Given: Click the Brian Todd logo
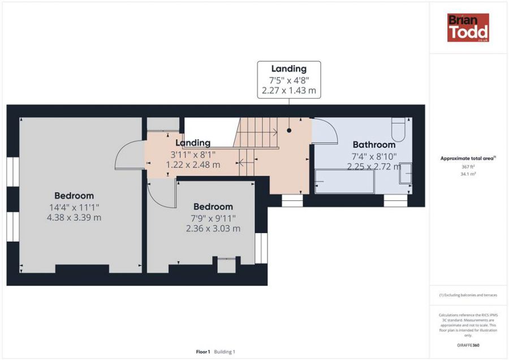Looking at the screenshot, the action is (x=468, y=28).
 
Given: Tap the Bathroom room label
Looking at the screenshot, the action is (x=374, y=144).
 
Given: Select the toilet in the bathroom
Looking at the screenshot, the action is (x=398, y=129).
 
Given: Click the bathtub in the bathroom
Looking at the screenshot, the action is (x=344, y=181).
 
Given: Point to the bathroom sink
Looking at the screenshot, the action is (x=406, y=173).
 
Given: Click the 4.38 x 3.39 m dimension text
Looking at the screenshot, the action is (x=74, y=217).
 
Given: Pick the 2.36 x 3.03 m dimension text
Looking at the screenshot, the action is (x=213, y=229).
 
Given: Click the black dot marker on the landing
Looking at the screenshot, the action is (x=289, y=130).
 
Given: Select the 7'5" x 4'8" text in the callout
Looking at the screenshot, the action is (x=289, y=80).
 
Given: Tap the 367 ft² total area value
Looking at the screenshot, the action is (x=468, y=166).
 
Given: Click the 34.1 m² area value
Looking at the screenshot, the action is (x=468, y=174).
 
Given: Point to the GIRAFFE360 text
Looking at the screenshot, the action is (x=468, y=345).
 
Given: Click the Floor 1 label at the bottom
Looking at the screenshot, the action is (x=203, y=352).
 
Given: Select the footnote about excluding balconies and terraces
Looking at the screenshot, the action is (x=468, y=295).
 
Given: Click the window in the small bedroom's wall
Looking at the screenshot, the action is (x=261, y=248).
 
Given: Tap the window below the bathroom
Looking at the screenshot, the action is (x=395, y=200).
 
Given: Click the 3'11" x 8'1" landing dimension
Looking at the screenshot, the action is (x=193, y=155).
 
